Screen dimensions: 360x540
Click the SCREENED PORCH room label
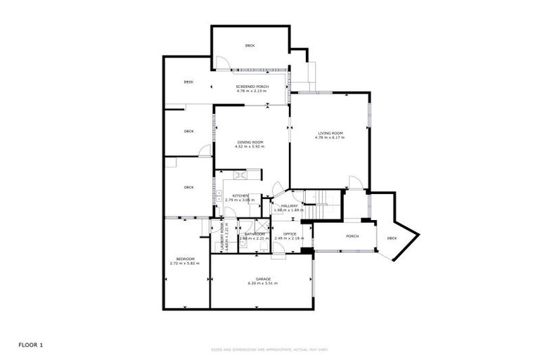pyautogui.click(x=252, y=86)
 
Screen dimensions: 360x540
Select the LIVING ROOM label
pyautogui.click(x=330, y=133)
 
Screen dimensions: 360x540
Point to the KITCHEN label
pyautogui.click(x=241, y=195)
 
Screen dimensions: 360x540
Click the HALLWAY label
pyautogui.click(x=290, y=205)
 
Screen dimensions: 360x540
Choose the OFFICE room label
pyautogui.click(x=290, y=233)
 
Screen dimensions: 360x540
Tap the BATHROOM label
pyautogui.click(x=255, y=233)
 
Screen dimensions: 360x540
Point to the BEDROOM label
pyautogui.click(x=185, y=259)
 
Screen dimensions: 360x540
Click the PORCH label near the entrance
pyautogui.click(x=352, y=236)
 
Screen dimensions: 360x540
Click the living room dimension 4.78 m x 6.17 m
pyautogui.click(x=330, y=138)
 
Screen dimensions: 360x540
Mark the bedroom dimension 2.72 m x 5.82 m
pyautogui.click(x=185, y=264)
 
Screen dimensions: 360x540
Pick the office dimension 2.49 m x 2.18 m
pyautogui.click(x=290, y=238)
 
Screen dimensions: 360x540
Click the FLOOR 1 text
pyautogui.click(x=31, y=345)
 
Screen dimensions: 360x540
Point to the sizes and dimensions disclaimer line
pyautogui.click(x=270, y=349)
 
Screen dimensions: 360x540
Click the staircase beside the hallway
pyautogui.click(x=324, y=204)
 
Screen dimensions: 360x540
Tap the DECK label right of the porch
pyautogui.click(x=392, y=238)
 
